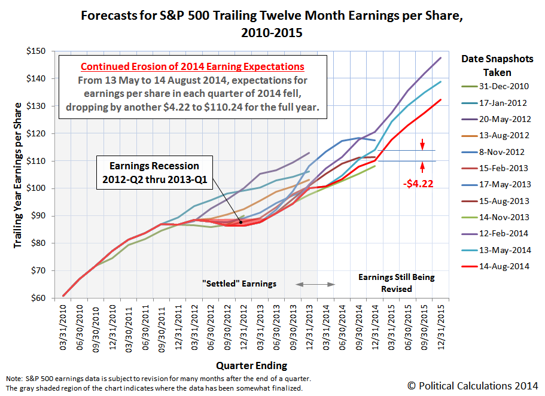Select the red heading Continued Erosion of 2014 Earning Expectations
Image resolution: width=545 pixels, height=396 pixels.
193,67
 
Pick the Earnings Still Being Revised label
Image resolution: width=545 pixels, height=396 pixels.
397,283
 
